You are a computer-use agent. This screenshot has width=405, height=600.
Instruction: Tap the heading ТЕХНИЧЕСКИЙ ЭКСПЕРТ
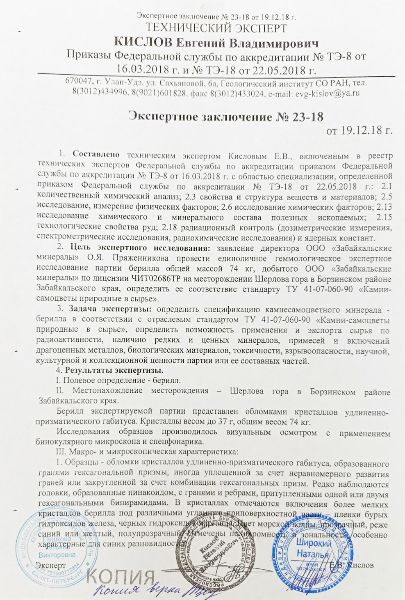(x=216, y=28)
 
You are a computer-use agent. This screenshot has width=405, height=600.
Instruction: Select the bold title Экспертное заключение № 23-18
(x=226, y=117)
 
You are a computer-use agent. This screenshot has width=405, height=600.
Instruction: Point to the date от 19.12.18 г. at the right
(x=359, y=131)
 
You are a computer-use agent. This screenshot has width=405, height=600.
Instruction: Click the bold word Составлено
(x=96, y=155)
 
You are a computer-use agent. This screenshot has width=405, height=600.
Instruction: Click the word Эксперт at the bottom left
(x=50, y=566)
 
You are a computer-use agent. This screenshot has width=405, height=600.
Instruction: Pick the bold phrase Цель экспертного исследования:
(x=140, y=248)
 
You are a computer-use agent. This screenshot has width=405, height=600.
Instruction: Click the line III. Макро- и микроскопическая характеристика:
(x=147, y=452)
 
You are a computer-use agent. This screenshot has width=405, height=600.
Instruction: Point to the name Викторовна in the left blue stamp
(x=57, y=555)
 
